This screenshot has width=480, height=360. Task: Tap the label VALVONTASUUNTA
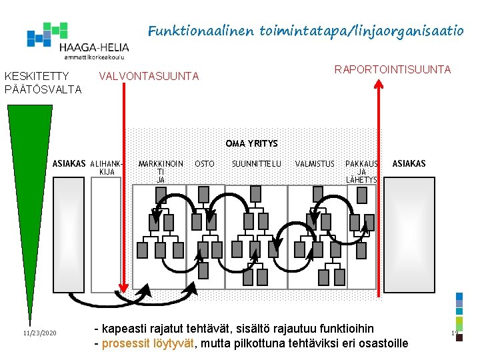pyautogui.click(x=148, y=77)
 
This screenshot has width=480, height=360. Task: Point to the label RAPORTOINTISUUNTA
pyautogui.click(x=393, y=69)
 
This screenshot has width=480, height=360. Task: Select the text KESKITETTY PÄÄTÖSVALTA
pyautogui.click(x=43, y=83)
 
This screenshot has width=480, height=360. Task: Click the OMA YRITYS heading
pyautogui.click(x=251, y=143)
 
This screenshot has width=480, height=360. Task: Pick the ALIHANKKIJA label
pyautogui.click(x=107, y=167)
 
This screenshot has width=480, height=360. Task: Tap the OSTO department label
pyautogui.click(x=205, y=163)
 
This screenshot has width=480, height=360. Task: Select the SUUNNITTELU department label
pyautogui.click(x=257, y=163)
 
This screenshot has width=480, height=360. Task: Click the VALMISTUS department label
pyautogui.click(x=315, y=163)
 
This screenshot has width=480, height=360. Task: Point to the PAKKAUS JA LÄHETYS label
pyautogui.click(x=361, y=171)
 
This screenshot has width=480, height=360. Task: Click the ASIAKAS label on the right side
pyautogui.click(x=409, y=163)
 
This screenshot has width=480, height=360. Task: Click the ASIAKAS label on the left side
pyautogui.click(x=69, y=163)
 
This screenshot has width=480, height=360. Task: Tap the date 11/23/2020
pyautogui.click(x=39, y=333)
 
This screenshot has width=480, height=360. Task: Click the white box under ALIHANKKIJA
pyautogui.click(x=106, y=233)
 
